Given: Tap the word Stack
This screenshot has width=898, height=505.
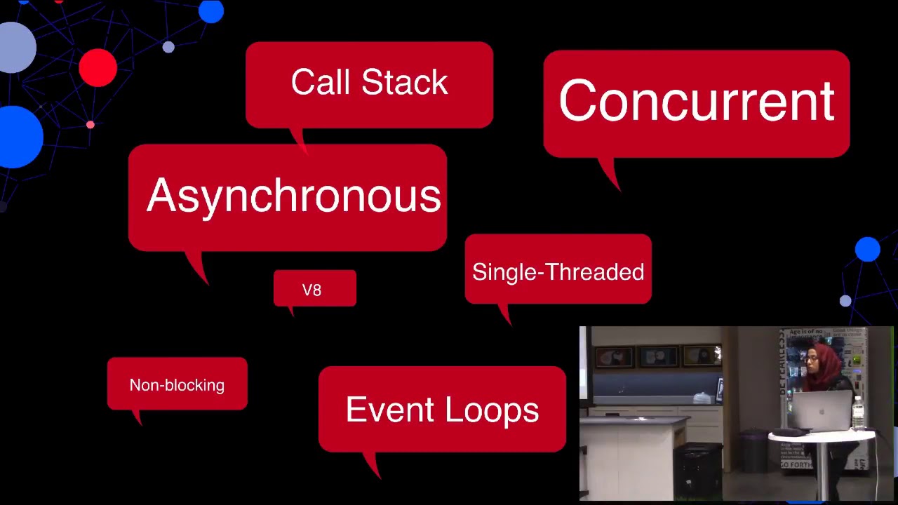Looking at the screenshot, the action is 405,82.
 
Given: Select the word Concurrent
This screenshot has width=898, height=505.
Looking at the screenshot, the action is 697,100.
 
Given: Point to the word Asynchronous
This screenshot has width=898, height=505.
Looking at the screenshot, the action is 294,196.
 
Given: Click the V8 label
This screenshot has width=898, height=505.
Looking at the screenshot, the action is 312,290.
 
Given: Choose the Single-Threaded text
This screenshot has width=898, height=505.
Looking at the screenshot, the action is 558,272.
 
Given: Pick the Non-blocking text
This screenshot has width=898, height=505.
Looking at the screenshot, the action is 177,385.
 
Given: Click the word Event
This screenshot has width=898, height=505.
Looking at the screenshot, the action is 390,409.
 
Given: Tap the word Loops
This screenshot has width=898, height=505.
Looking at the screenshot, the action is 492,410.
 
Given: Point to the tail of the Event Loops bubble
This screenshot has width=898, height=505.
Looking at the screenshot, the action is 379,476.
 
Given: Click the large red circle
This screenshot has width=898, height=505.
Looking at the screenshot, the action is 98,68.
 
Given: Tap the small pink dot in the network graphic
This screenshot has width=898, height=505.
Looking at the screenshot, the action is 91,125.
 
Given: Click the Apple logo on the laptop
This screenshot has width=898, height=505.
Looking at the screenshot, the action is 822,412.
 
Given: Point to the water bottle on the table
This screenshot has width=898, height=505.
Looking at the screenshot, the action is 857,412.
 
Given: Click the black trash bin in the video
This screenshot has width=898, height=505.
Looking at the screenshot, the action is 698,470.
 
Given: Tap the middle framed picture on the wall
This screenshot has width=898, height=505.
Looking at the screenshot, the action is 658,356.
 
